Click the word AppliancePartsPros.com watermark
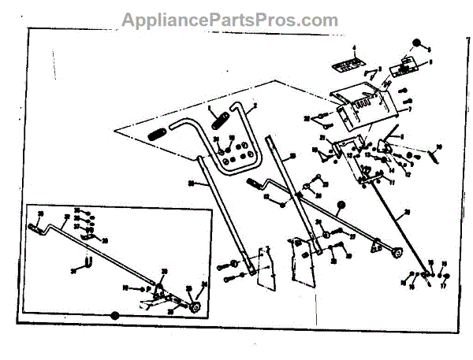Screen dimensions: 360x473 [229, 19]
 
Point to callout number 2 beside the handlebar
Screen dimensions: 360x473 [255, 106]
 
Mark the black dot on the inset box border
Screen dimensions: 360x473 [114, 315]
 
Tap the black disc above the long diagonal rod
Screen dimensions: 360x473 [341, 207]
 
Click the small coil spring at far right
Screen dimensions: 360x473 [432, 157]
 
